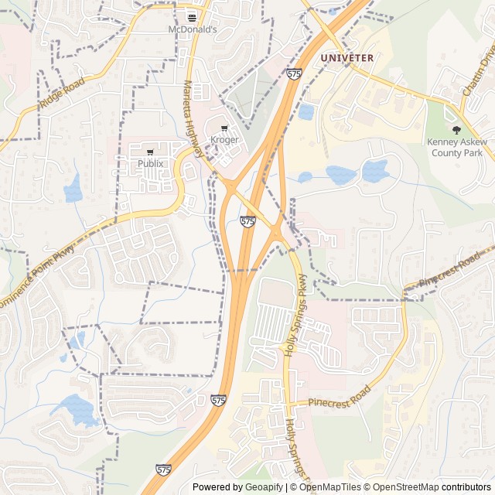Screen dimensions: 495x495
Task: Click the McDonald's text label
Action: click(193, 29)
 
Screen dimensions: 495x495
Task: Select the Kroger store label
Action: click(225, 140)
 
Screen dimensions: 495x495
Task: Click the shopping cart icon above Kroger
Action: click(225, 128)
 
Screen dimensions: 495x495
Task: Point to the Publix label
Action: click(151, 163)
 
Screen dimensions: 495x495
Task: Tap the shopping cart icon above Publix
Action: click(151, 152)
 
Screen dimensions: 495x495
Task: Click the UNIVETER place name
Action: click(347, 58)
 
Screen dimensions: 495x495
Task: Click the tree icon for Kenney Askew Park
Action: click(456, 130)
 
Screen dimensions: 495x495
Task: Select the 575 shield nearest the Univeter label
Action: click(293, 74)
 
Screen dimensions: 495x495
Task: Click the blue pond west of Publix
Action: click(73, 188)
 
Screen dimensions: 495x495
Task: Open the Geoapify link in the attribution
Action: click(265, 487)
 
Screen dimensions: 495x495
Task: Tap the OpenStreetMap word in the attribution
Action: click(408, 487)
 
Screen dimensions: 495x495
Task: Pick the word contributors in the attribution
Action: click(466, 487)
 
